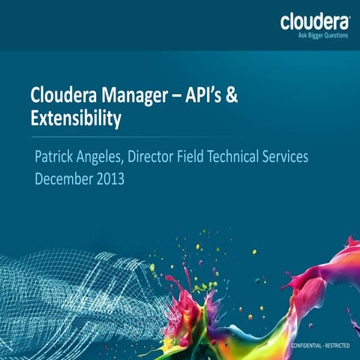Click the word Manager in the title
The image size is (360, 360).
click(128, 97)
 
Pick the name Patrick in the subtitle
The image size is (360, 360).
click(55, 158)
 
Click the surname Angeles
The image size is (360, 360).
click(103, 159)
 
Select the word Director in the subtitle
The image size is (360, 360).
click(159, 158)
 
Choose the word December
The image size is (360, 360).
click(68, 179)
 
